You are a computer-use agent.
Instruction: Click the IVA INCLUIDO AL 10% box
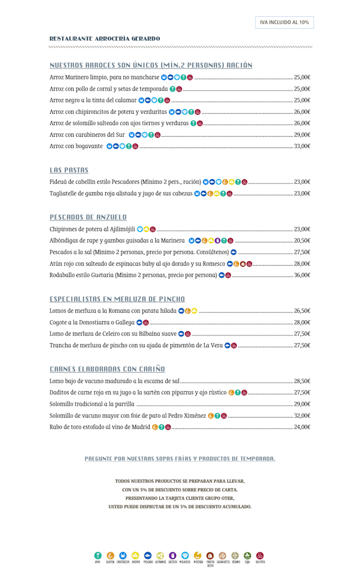(x=284, y=23)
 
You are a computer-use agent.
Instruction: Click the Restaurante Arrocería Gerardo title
(x=105, y=39)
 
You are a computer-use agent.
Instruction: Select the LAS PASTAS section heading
(x=69, y=170)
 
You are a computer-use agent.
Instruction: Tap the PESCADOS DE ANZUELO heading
(x=88, y=217)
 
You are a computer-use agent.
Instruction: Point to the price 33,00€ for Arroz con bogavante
(x=302, y=146)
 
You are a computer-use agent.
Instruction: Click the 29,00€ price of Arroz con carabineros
(x=302, y=135)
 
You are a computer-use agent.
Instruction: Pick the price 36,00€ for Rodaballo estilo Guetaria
(x=302, y=275)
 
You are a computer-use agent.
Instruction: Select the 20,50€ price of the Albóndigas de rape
(x=302, y=241)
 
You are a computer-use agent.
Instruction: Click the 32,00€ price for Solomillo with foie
(x=302, y=416)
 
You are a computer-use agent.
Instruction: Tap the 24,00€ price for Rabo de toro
(x=302, y=427)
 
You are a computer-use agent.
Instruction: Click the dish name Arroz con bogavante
(x=76, y=146)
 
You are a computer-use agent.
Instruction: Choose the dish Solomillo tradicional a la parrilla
(x=92, y=404)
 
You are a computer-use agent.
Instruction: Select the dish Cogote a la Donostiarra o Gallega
(x=92, y=322)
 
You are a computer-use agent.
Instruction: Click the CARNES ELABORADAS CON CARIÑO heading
(x=107, y=369)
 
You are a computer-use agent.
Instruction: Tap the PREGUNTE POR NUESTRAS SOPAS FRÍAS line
(x=180, y=459)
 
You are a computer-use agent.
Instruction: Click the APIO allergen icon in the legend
(x=98, y=555)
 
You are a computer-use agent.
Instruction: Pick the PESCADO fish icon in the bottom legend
(x=148, y=555)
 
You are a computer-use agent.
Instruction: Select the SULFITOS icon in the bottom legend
(x=260, y=555)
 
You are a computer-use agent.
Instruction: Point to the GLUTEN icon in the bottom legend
(x=110, y=555)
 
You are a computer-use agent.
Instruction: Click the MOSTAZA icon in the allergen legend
(x=198, y=555)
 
